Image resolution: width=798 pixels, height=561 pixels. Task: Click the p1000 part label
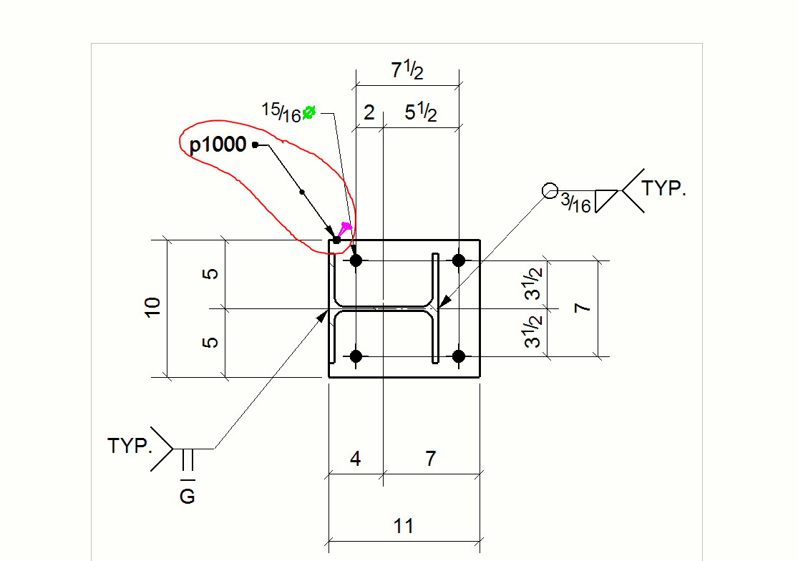click(x=218, y=145)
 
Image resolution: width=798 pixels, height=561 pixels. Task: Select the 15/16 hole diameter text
click(x=281, y=113)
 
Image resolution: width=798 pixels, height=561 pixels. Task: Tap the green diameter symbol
click(x=309, y=112)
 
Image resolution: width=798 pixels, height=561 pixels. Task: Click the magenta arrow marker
click(x=345, y=229)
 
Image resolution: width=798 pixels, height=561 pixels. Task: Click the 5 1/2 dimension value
click(x=421, y=113)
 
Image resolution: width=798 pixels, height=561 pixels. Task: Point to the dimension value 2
click(x=369, y=113)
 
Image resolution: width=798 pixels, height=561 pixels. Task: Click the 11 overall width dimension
click(x=404, y=527)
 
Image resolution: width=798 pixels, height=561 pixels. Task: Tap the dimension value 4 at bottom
click(x=356, y=459)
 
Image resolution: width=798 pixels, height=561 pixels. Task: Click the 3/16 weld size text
click(x=576, y=204)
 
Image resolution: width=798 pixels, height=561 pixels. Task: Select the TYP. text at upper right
click(x=664, y=189)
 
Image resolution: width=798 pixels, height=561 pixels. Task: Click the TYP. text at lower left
click(x=130, y=447)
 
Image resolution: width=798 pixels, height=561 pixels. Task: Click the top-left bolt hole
click(x=356, y=260)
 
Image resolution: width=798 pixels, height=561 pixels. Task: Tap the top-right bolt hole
click(x=459, y=260)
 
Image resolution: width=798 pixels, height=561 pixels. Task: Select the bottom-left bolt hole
click(x=356, y=356)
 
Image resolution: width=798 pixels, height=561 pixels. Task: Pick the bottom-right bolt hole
click(x=459, y=356)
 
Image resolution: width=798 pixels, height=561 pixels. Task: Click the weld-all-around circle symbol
click(x=550, y=191)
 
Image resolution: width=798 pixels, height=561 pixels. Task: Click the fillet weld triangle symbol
click(x=606, y=200)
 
